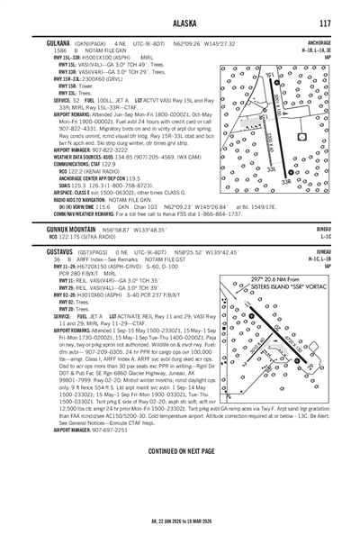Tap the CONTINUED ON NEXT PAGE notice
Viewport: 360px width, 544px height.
[180, 499]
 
